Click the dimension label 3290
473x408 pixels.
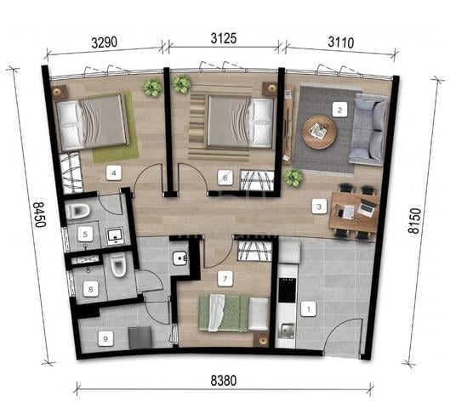click(x=105, y=42)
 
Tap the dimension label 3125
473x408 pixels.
click(x=224, y=38)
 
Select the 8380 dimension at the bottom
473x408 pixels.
click(x=224, y=381)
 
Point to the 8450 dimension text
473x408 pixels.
click(x=39, y=214)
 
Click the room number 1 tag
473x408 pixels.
click(x=308, y=309)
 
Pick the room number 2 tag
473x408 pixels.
click(x=340, y=110)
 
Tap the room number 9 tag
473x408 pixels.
click(x=105, y=338)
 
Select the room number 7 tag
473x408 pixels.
click(x=225, y=279)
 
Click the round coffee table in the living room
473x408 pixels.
click(x=320, y=133)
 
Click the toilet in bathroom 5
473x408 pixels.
click(x=77, y=210)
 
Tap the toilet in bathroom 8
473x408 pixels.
click(x=118, y=265)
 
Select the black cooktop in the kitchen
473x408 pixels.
click(x=287, y=290)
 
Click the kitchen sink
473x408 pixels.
click(x=286, y=331)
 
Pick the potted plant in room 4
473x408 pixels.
click(x=152, y=88)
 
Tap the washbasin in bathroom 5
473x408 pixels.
click(x=115, y=236)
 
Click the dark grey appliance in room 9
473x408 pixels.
click(x=140, y=338)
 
